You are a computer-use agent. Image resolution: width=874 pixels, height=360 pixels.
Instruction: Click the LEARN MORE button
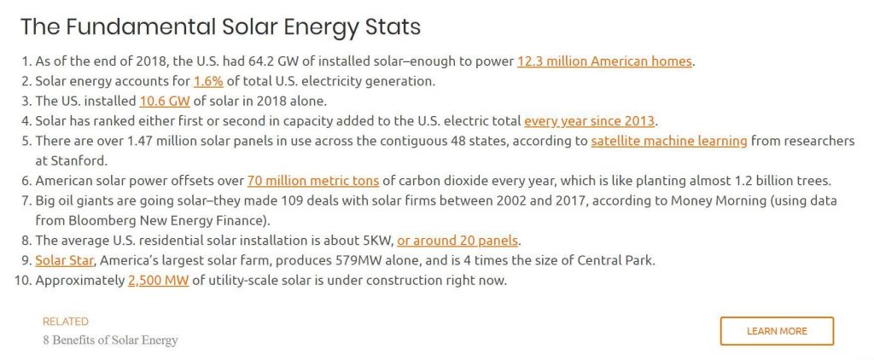[777, 331]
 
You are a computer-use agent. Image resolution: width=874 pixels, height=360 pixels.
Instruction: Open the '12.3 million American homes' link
[604, 61]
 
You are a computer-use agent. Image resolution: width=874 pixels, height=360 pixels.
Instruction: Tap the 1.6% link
[208, 81]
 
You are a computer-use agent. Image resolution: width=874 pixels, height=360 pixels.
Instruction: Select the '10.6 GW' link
[165, 102]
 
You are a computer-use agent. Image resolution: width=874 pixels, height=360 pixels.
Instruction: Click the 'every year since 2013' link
[589, 121]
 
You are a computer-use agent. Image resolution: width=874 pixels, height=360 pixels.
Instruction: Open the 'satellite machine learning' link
[669, 141]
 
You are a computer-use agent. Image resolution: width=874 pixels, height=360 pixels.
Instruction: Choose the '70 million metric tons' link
[313, 181]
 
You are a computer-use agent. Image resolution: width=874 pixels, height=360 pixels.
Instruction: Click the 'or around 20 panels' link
[457, 241]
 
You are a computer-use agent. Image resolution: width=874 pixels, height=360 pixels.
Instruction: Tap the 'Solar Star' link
[65, 261]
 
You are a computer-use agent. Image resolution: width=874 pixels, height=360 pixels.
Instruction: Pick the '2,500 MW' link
[158, 281]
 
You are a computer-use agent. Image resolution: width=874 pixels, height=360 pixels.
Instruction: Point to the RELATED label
[65, 322]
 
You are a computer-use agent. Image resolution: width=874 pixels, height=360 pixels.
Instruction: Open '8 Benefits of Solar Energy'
[110, 340]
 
